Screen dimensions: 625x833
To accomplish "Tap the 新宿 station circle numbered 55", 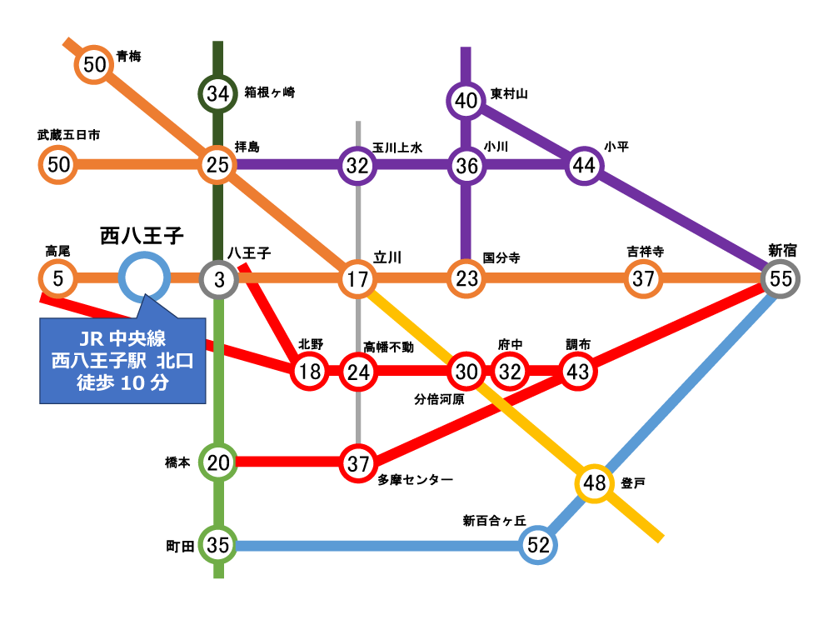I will tap(781, 278).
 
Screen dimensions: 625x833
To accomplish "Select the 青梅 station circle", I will tap(95, 64).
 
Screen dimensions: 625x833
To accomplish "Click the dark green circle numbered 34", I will tap(217, 93).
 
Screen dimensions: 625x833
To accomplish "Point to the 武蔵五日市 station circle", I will tap(58, 164).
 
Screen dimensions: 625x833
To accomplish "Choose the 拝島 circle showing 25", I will tap(217, 165).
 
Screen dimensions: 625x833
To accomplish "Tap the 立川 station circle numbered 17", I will tap(358, 278).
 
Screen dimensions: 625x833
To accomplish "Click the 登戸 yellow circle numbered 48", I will tap(594, 482).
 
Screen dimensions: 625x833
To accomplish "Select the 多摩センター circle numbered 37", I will tap(358, 462).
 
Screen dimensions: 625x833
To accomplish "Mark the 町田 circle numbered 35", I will tap(217, 546).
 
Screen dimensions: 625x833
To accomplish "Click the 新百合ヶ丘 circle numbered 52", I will tap(539, 546).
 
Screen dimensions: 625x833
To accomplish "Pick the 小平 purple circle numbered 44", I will tap(584, 165).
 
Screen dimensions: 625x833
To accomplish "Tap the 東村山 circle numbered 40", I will tap(466, 101).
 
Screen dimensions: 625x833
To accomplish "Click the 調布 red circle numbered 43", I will tap(577, 372).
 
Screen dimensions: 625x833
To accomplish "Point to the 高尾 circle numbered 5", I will tap(57, 278).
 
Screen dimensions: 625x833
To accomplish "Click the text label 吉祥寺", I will tap(645, 251).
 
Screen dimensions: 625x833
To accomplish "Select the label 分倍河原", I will tap(439, 399).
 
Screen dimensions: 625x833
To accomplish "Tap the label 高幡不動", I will tap(388, 345).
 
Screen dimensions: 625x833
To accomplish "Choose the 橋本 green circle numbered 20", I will tap(217, 462).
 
